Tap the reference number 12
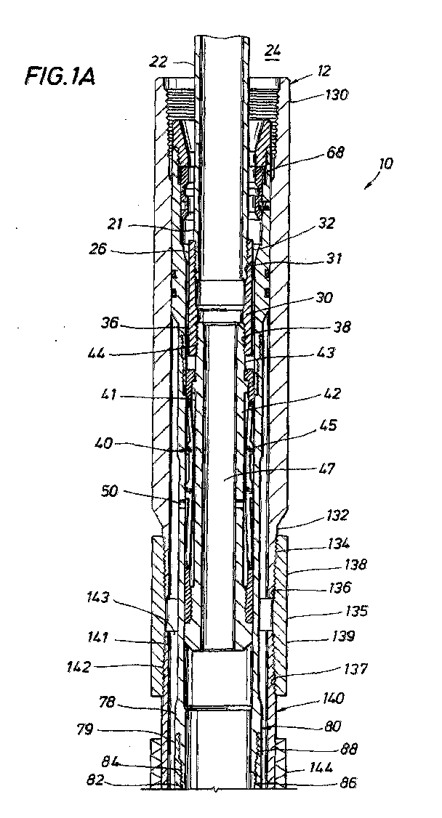tap(324, 71)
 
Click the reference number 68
tap(336, 153)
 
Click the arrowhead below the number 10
tap(366, 186)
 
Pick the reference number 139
tap(341, 636)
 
